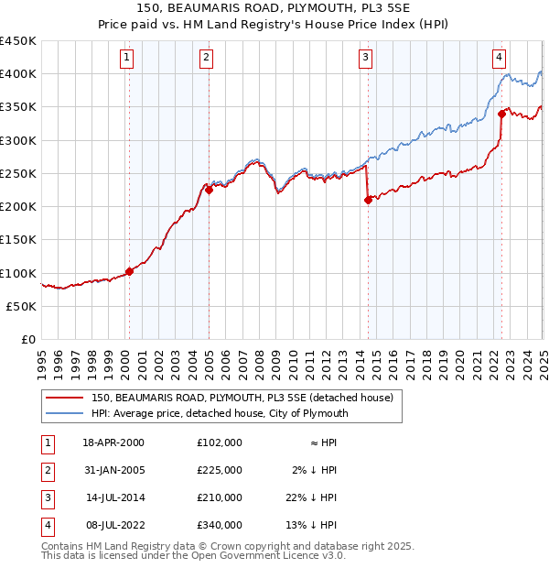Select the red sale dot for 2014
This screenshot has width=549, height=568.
point(368,200)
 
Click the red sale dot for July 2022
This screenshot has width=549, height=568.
point(501,114)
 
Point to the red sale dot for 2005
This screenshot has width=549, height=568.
point(209,190)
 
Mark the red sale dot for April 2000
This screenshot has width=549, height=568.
point(129,271)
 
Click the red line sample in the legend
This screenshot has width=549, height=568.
point(65,398)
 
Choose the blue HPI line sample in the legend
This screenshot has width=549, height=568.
point(65,413)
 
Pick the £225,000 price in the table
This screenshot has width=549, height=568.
point(220,470)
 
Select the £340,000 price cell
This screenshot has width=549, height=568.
point(220,525)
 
